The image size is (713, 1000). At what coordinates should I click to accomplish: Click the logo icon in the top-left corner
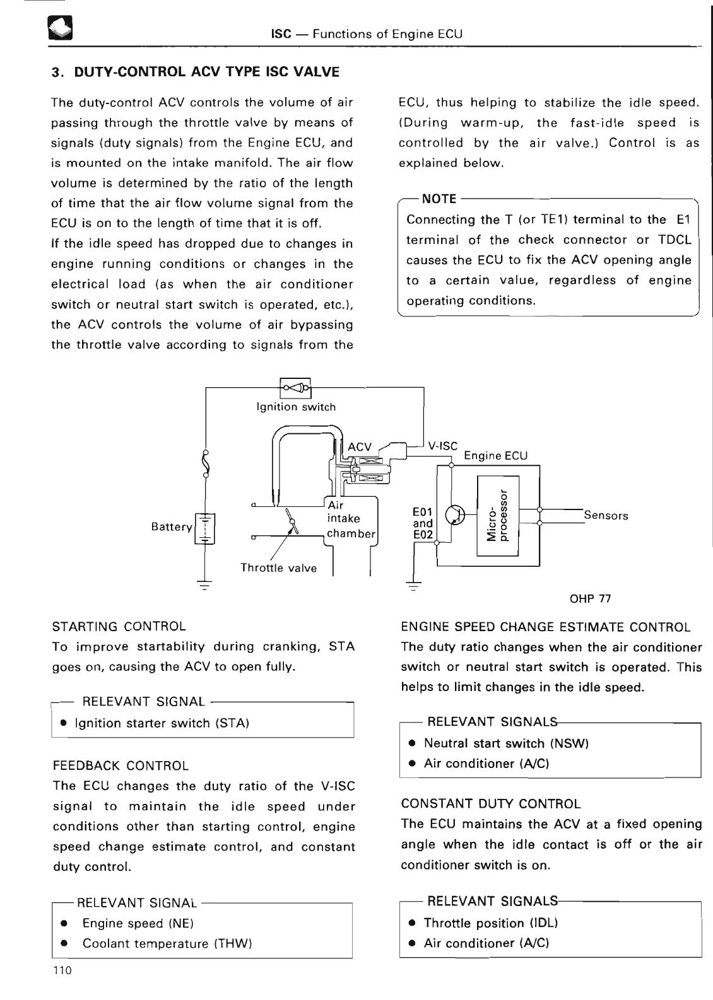tap(61, 29)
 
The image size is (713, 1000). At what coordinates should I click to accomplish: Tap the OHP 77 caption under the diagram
tap(590, 598)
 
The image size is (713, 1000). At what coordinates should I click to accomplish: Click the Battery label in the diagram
tap(172, 526)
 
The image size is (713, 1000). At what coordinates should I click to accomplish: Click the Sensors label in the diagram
tap(606, 516)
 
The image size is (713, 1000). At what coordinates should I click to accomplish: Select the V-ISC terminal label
tap(442, 446)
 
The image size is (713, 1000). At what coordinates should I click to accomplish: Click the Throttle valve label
tap(278, 568)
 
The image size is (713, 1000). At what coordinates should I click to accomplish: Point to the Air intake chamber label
tap(350, 519)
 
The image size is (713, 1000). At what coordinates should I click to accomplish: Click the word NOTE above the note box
tap(439, 199)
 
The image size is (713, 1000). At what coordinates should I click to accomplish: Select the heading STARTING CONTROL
tap(119, 627)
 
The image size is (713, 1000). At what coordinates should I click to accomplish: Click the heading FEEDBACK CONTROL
tap(121, 766)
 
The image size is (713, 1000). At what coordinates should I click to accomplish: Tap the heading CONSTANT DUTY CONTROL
tap(490, 804)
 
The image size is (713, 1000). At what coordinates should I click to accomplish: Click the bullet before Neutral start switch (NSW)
tap(411, 743)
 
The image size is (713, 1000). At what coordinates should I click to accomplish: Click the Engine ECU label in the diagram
tap(495, 456)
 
